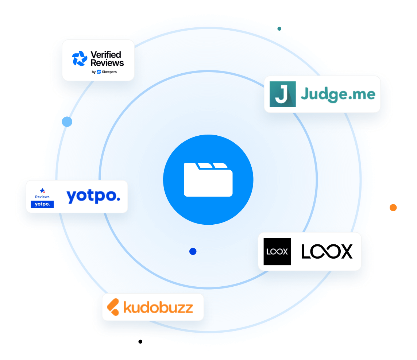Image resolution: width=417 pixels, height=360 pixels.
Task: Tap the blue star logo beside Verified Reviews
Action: tap(80, 59)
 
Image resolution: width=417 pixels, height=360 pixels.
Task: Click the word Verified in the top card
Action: tap(105, 55)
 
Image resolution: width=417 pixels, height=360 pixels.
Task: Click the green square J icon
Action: tap(282, 94)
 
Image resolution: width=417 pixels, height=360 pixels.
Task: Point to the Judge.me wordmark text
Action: tap(338, 94)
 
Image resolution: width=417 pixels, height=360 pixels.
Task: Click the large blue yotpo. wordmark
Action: tap(93, 196)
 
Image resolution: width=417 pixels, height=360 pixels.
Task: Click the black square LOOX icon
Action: tap(277, 251)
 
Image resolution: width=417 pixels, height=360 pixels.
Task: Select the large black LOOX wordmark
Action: tap(327, 251)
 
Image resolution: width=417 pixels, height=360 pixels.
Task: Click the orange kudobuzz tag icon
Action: tap(113, 307)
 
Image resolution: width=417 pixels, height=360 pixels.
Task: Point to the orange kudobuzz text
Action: tap(158, 307)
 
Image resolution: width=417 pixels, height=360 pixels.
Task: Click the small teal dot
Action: tap(279, 28)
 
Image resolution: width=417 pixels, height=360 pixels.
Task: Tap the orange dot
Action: tap(393, 208)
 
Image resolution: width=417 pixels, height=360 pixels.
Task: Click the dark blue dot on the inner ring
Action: tap(193, 251)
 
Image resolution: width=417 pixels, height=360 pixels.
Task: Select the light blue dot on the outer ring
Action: tap(67, 121)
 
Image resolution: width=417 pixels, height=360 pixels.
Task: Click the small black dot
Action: tap(140, 341)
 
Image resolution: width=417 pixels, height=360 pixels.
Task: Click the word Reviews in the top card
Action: tap(107, 63)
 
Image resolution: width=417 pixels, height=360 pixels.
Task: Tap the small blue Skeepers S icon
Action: tap(99, 72)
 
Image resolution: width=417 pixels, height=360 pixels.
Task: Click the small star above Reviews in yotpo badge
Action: tap(42, 190)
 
